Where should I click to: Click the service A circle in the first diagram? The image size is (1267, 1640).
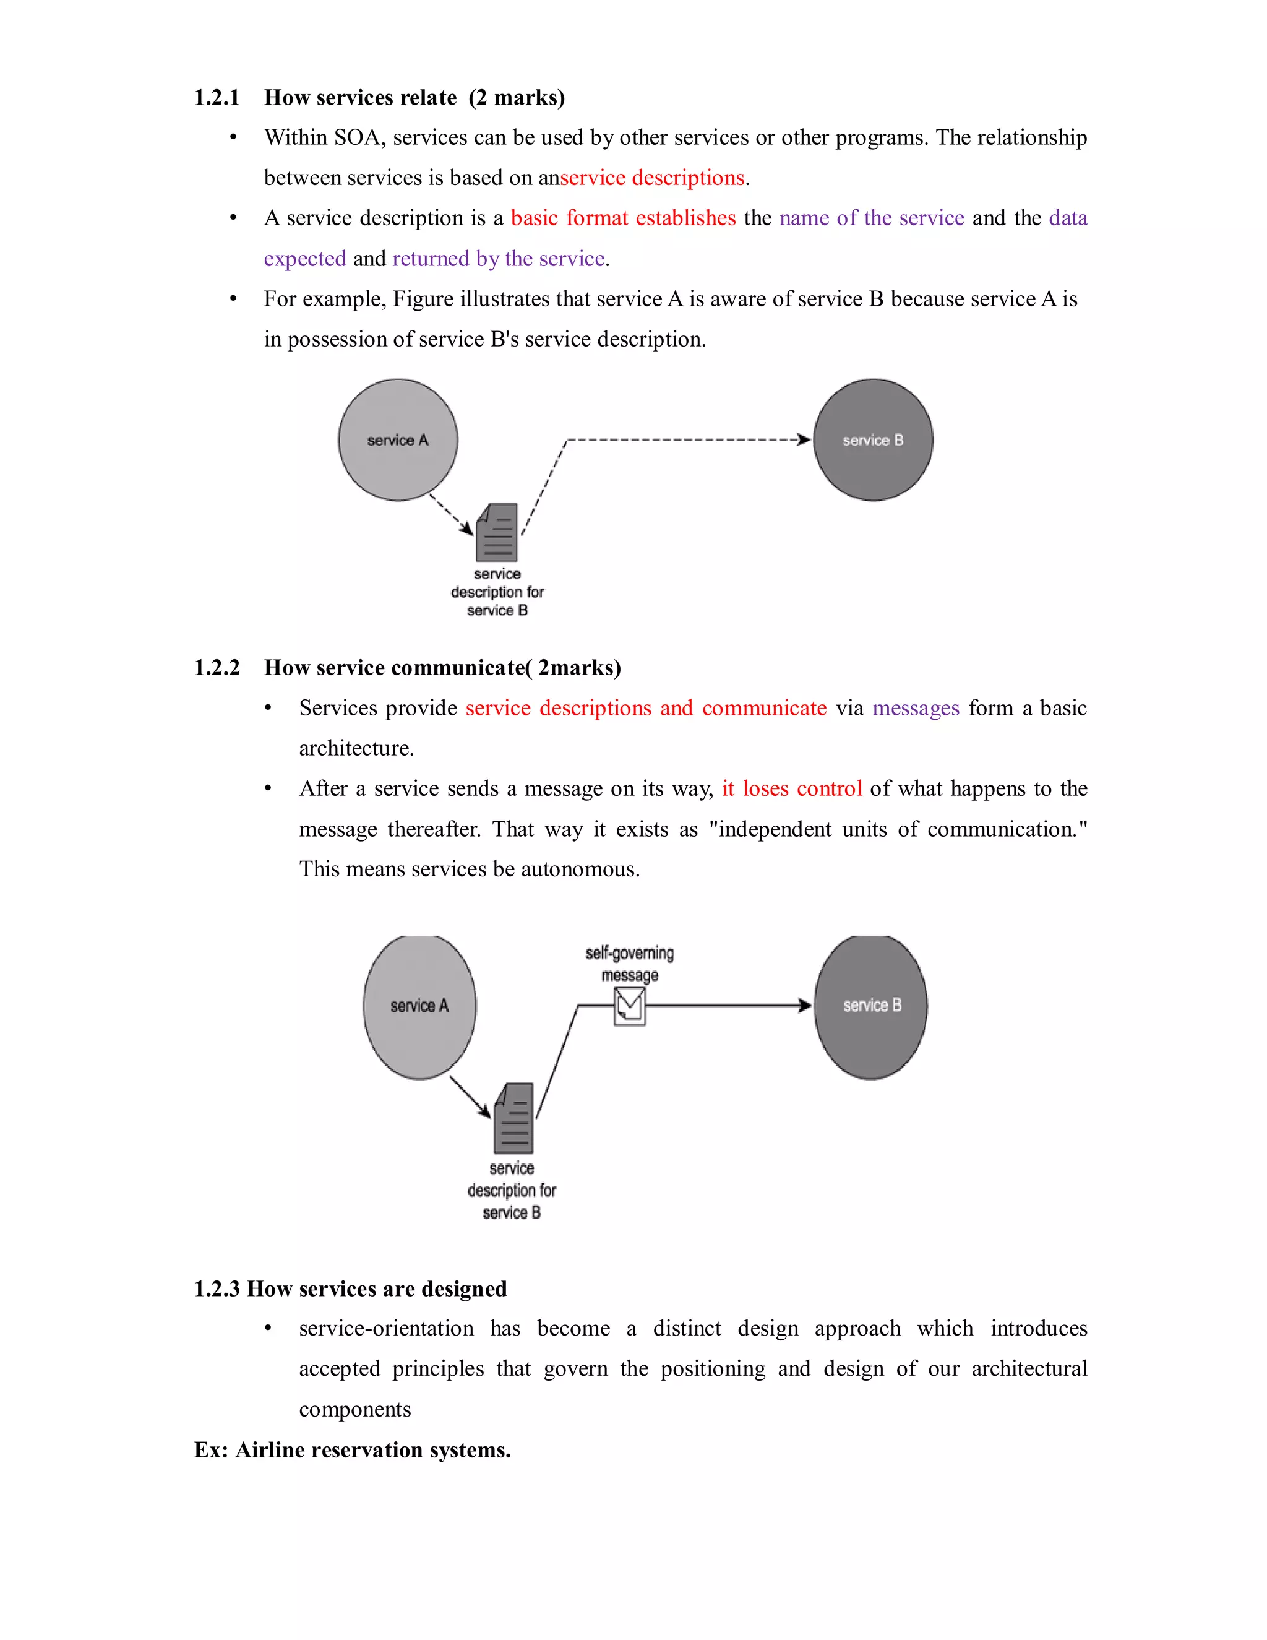click(398, 440)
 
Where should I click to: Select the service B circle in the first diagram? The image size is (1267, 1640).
click(873, 440)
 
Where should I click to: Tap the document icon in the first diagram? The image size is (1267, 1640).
click(497, 532)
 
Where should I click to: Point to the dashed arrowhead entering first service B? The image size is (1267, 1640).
click(805, 439)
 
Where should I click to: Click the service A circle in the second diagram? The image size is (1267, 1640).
click(419, 1006)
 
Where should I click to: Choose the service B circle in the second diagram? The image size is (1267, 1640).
click(870, 1006)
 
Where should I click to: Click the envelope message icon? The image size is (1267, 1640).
click(630, 1006)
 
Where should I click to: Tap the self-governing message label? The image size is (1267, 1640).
click(630, 964)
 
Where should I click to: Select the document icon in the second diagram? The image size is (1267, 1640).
click(513, 1118)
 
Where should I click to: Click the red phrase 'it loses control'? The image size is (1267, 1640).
click(792, 788)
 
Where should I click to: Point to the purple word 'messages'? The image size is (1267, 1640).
click(916, 708)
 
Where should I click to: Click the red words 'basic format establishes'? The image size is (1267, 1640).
click(623, 218)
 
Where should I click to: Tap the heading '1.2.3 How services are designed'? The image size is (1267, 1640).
click(351, 1288)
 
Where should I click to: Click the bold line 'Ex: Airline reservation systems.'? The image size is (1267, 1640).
click(352, 1449)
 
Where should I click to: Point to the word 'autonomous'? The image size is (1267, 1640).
click(578, 869)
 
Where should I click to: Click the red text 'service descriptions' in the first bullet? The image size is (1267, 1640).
click(652, 178)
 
